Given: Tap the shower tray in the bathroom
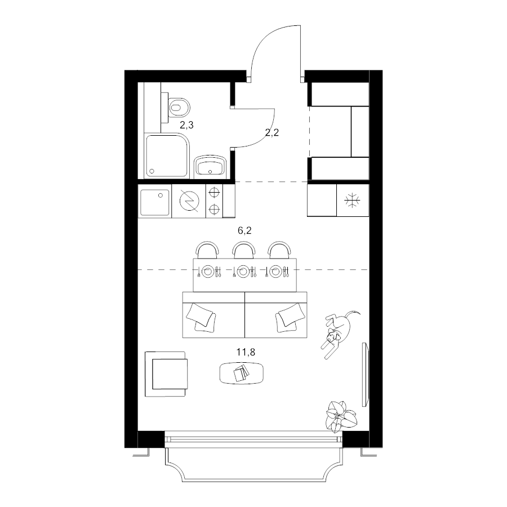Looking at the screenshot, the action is click(x=167, y=156).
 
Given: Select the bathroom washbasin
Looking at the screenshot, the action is click(x=210, y=167).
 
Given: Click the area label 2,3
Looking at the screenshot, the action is click(x=186, y=125).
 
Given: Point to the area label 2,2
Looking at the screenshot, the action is click(x=272, y=132).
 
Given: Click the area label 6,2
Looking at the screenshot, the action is click(x=244, y=230).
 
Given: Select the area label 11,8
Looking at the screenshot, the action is click(x=246, y=352).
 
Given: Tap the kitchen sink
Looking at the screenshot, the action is click(x=154, y=202).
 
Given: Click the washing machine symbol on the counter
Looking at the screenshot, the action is click(x=189, y=201).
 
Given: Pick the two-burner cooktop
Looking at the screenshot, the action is click(x=214, y=201).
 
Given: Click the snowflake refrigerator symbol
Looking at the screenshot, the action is click(x=352, y=200).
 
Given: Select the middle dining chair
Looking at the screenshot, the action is click(x=243, y=250).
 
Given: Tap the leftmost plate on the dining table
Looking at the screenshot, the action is click(x=208, y=272).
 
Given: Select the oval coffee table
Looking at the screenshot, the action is click(x=241, y=373).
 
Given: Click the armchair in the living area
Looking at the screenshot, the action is click(x=166, y=374).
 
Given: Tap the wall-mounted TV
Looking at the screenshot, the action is click(x=365, y=375).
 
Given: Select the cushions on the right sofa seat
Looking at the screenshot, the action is click(x=290, y=318).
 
